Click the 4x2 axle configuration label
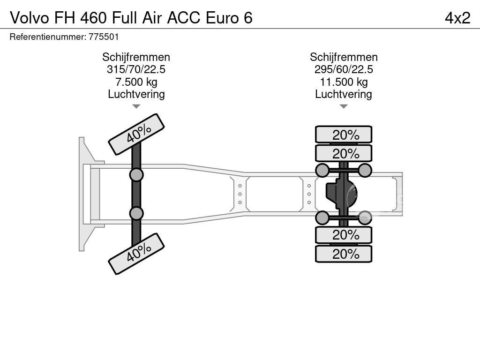457,18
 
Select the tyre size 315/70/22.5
136,70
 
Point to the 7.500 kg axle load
136,82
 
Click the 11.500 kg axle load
344,82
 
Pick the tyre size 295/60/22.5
344,70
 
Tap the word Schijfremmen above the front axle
136,57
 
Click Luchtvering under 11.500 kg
344,94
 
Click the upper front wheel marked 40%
136,134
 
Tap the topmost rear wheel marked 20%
344,135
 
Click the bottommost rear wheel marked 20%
344,254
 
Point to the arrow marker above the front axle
136,106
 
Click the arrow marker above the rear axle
344,106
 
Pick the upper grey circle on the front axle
136,175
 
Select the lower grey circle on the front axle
136,213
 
